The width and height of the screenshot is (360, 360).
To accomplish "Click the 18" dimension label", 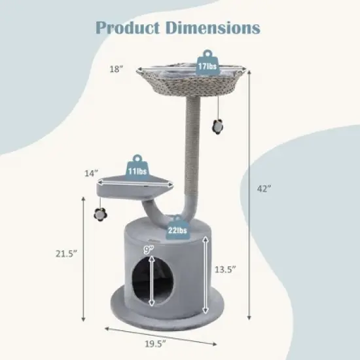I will point(116,67).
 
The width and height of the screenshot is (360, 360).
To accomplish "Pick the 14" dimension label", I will point(92,173).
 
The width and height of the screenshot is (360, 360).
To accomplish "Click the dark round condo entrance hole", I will point(153,279).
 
